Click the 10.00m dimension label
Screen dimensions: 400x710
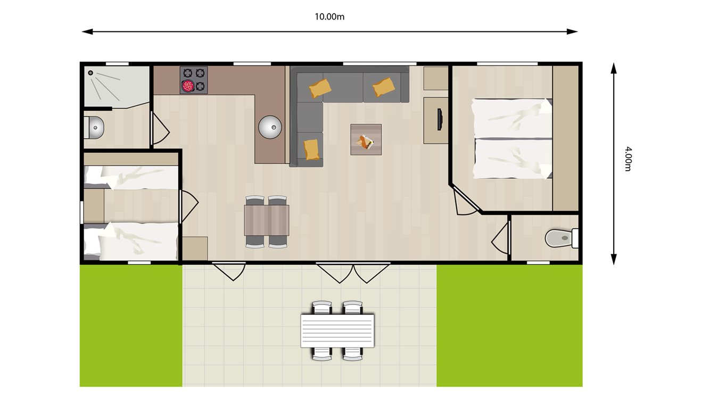(x=329, y=16)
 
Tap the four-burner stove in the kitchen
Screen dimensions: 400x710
(x=194, y=80)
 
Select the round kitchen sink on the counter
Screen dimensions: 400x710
(x=270, y=127)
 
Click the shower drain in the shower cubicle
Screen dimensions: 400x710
(x=90, y=73)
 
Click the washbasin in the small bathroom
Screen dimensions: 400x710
(x=94, y=127)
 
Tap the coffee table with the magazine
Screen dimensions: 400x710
(x=366, y=139)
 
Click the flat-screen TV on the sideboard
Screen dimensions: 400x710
(x=440, y=119)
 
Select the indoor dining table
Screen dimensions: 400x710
(x=267, y=220)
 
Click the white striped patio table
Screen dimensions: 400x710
(x=337, y=331)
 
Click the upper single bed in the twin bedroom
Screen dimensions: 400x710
(x=131, y=178)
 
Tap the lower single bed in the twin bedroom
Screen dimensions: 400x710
(x=131, y=240)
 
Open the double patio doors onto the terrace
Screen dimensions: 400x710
(x=353, y=272)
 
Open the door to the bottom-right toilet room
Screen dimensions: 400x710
(x=500, y=238)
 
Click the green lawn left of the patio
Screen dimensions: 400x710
(x=131, y=326)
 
